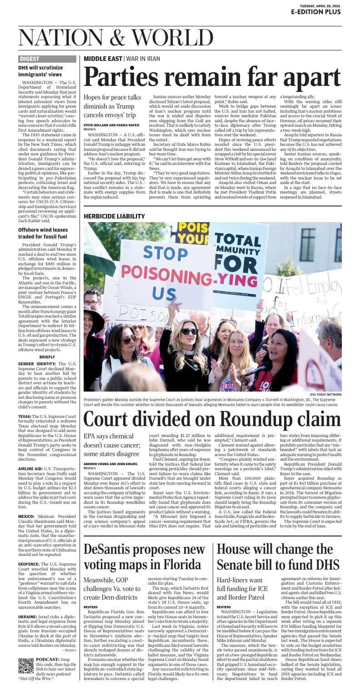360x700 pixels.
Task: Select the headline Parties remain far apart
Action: (x=212, y=77)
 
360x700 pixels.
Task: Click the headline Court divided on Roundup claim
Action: (x=212, y=419)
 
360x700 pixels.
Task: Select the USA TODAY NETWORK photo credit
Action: (x=325, y=394)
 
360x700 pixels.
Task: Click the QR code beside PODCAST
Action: (x=26, y=665)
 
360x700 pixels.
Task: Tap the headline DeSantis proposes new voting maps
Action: (x=144, y=556)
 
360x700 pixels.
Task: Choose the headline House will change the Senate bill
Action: (x=278, y=556)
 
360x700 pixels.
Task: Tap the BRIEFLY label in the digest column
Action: (x=47, y=357)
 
